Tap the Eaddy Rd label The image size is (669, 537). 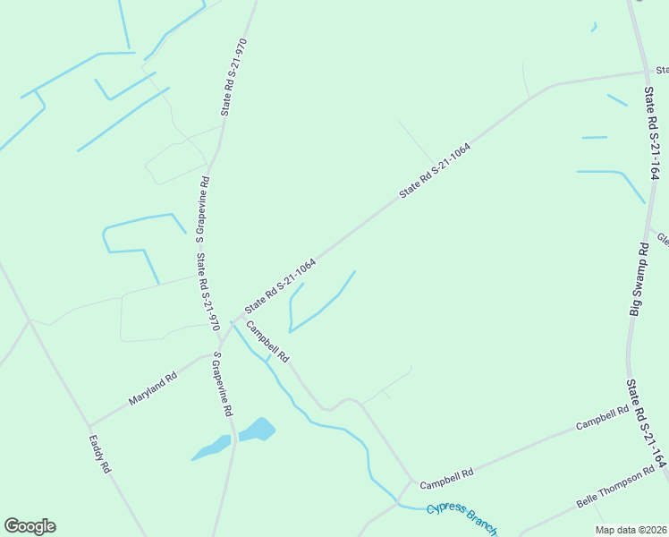tap(99, 454)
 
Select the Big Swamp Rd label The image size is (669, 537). tap(638, 278)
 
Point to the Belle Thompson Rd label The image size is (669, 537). tap(615, 489)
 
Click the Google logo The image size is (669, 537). tap(30, 526)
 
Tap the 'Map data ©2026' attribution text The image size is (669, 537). tap(631, 530)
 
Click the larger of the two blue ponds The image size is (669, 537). tap(257, 429)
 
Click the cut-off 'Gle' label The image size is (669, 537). tap(663, 239)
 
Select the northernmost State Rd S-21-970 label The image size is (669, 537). tap(232, 77)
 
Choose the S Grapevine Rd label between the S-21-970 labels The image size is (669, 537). tap(203, 205)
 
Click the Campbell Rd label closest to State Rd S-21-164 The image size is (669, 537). tap(602, 417)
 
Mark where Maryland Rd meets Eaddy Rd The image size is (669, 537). tap(89, 426)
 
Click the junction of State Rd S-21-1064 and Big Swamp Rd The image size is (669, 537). tap(645, 72)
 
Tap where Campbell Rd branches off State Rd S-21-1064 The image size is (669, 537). tap(238, 317)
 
